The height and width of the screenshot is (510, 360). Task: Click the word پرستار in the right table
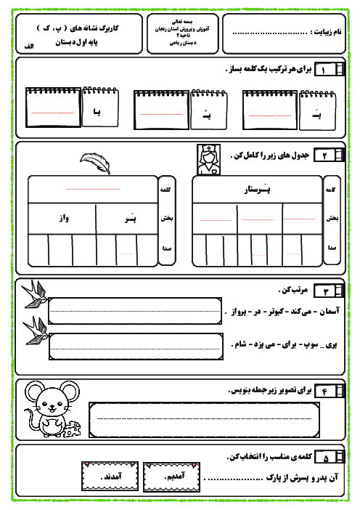(x=258, y=190)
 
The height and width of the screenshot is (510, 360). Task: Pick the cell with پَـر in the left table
(x=128, y=217)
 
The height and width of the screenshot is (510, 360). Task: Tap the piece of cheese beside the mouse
(x=73, y=432)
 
